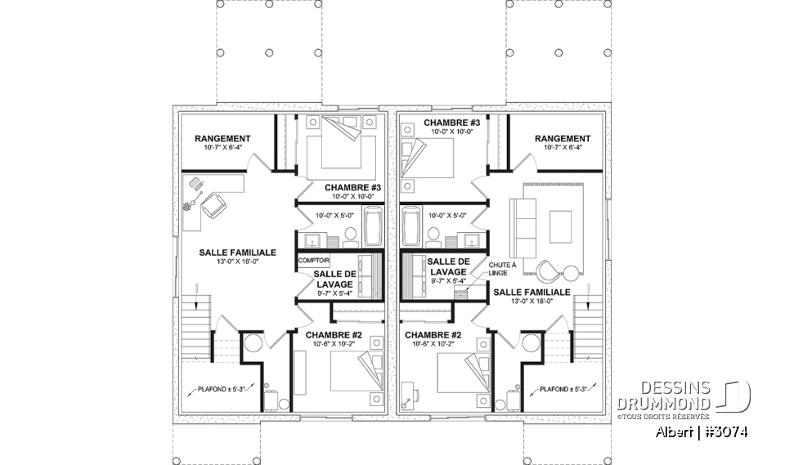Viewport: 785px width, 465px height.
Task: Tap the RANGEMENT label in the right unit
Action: coord(562,139)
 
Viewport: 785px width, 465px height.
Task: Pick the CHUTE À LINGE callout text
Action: coord(503,270)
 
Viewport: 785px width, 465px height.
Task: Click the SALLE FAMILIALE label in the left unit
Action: coord(237,253)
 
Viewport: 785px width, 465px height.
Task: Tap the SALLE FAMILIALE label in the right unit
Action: coord(532,292)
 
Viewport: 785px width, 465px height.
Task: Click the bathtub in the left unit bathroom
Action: coord(373,226)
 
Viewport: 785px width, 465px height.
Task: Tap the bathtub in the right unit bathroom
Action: coord(410,226)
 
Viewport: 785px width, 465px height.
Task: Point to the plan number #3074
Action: coord(726,432)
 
